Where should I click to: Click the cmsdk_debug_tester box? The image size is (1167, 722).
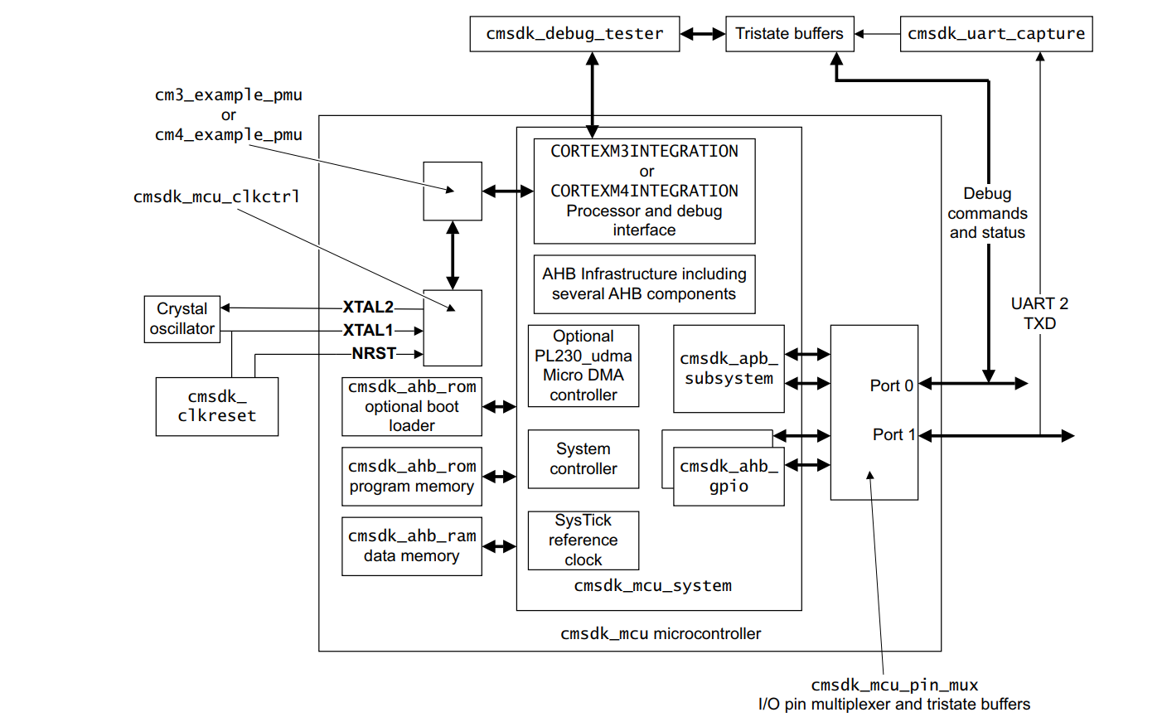(x=574, y=34)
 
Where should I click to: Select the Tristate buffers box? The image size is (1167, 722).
(x=789, y=34)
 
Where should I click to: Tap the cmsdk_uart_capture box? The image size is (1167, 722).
(x=995, y=34)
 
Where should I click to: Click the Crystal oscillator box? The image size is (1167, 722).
(x=182, y=319)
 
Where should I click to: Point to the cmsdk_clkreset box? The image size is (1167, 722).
(x=216, y=406)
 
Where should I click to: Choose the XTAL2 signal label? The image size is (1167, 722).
(x=368, y=307)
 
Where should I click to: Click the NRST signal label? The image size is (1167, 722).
(x=374, y=353)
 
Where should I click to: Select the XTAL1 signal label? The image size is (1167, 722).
(x=368, y=330)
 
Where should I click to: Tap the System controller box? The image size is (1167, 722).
(x=583, y=458)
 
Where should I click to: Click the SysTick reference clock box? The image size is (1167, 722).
(x=583, y=540)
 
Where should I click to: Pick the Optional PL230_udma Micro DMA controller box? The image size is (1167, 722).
(x=583, y=366)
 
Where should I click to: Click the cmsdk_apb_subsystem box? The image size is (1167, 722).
(x=729, y=368)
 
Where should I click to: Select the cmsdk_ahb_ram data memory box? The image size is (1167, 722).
(x=411, y=545)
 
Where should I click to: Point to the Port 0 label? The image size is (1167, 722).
(x=891, y=385)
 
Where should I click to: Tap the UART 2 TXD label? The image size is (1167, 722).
(x=1039, y=313)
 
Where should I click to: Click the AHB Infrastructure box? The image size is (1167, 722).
(x=644, y=283)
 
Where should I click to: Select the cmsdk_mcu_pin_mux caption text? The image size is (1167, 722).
(x=894, y=685)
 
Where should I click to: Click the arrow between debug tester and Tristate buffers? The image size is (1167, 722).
(x=703, y=34)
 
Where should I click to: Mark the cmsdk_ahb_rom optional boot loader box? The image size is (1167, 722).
(x=411, y=406)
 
